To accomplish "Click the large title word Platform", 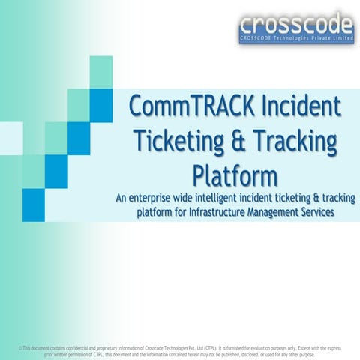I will click(235, 175).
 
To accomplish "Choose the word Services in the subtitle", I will click(318, 213).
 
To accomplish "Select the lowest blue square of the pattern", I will click(34, 204).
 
